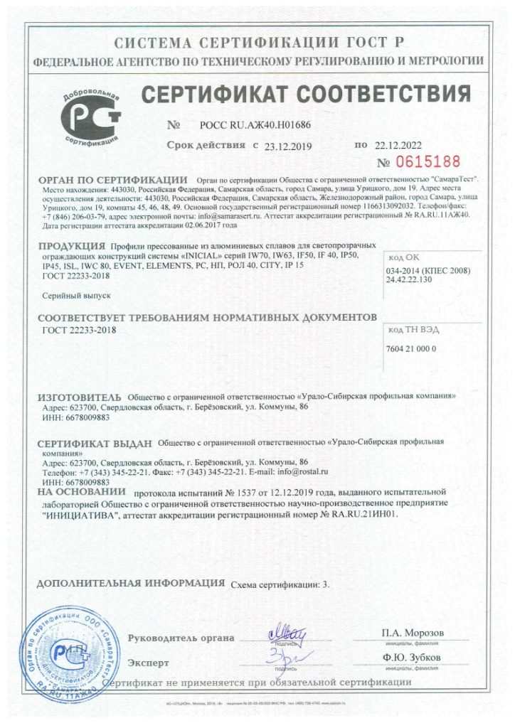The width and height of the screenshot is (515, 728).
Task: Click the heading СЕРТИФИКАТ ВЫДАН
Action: (95, 444)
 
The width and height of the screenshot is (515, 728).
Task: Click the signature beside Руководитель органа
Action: (286, 632)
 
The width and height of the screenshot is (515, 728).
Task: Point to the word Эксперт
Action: (148, 663)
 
